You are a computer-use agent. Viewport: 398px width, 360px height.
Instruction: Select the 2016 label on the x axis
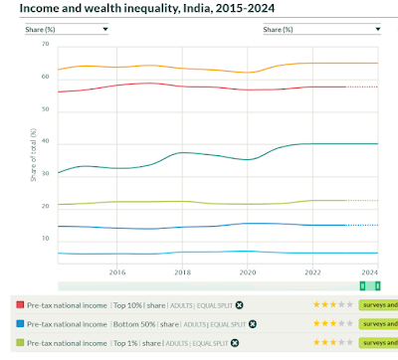[x=116, y=271]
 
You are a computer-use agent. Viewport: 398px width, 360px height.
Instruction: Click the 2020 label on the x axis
[x=248, y=271]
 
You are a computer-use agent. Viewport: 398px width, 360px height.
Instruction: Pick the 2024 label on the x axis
[x=370, y=271]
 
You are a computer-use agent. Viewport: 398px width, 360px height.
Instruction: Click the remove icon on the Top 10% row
[x=239, y=304]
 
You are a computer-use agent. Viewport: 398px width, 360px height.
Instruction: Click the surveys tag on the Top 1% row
[x=377, y=344]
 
